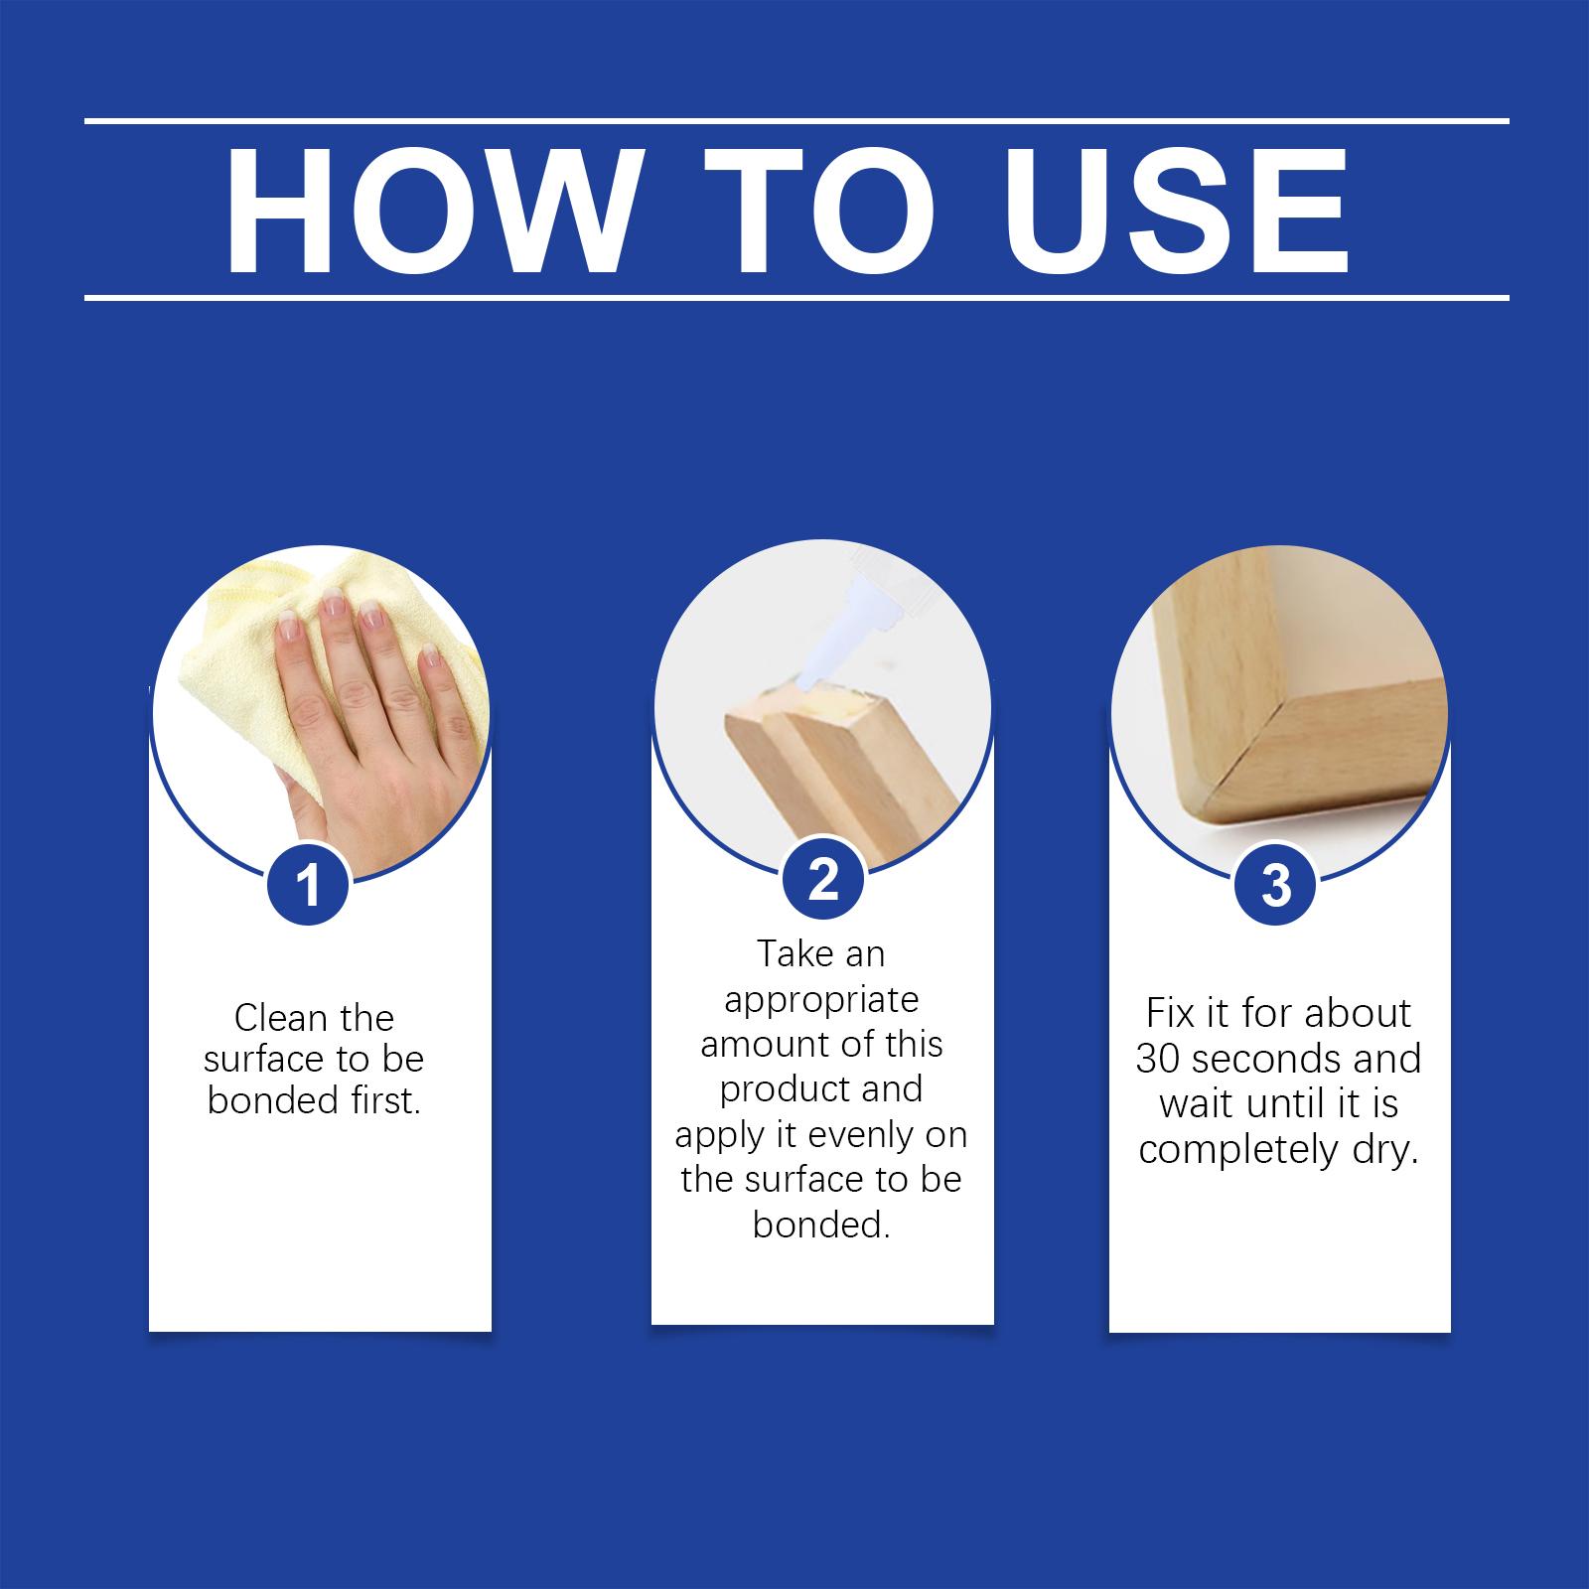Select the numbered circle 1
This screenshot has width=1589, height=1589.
(309, 884)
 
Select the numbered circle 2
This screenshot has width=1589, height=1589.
(822, 880)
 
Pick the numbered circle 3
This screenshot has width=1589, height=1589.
(1275, 884)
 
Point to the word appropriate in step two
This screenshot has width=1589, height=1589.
(820, 1001)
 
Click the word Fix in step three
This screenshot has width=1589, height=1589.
(1168, 1014)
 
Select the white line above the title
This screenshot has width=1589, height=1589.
(794, 121)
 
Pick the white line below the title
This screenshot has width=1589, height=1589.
(794, 297)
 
